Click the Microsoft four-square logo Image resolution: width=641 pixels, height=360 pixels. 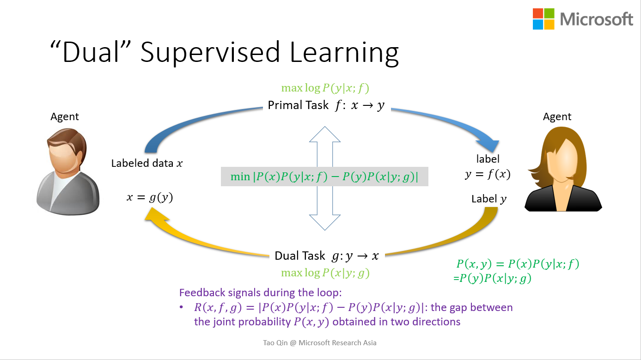pos(543,19)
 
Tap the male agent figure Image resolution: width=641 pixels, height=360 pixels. pos(67,171)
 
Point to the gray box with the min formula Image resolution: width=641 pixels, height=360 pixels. pos(324,177)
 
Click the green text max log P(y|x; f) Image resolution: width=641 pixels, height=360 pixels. pos(325,88)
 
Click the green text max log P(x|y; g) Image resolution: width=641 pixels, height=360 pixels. pos(325,273)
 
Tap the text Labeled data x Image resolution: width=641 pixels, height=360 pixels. pos(147,163)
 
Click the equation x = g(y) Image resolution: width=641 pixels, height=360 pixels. pos(150,197)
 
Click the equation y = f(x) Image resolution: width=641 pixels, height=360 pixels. pos(488,174)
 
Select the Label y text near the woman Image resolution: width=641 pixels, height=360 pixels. pos(489,199)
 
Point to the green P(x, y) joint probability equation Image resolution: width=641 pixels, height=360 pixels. pos(517,264)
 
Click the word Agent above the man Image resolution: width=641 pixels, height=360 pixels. pos(65,116)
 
